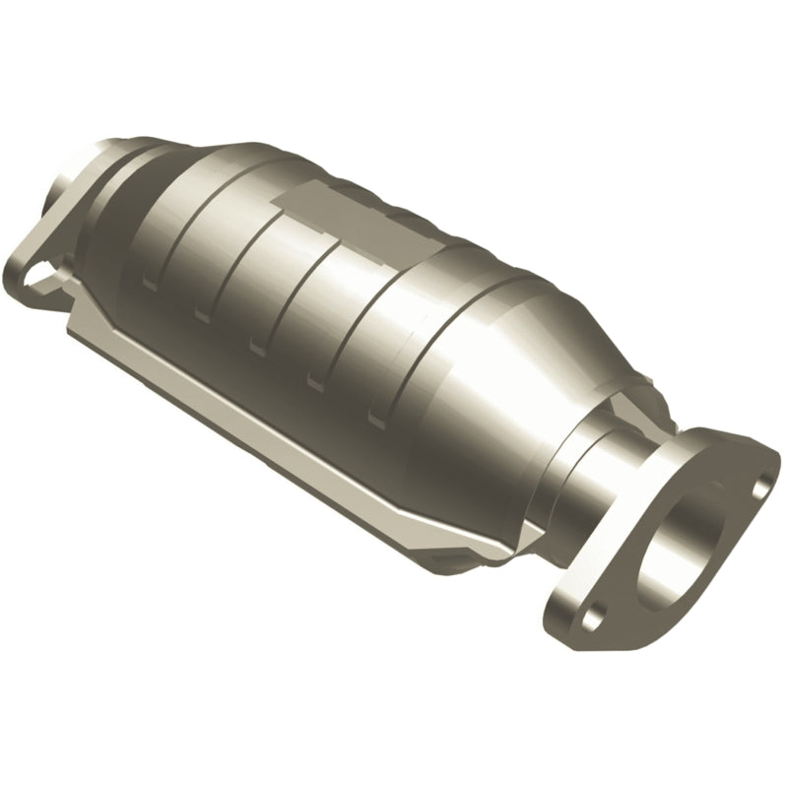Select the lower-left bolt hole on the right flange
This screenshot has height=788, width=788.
(591, 620)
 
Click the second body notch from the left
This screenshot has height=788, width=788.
(201, 314)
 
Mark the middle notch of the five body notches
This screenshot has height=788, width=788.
(258, 347)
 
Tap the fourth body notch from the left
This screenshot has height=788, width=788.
(316, 380)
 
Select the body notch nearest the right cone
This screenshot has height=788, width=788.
(377, 416)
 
